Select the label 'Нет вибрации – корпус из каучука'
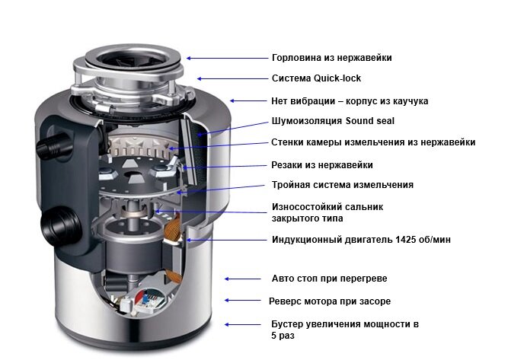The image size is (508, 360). click(350, 100)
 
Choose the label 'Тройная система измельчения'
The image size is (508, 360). click(342, 185)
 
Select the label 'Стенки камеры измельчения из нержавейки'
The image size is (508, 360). click(373, 142)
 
